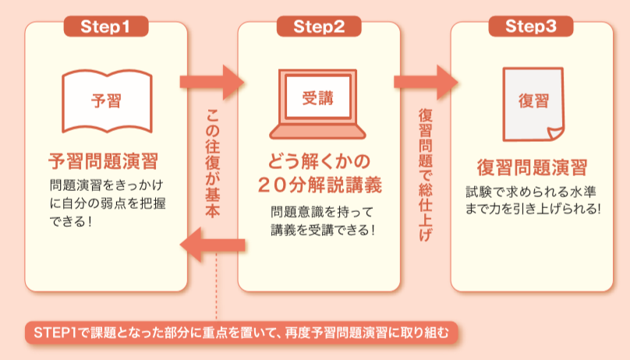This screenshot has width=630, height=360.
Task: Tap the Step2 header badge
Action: point(319,26)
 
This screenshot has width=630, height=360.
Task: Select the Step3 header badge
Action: point(531,26)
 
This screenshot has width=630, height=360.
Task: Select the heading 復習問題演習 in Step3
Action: point(532,167)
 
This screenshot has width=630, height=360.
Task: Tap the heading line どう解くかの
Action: point(317,161)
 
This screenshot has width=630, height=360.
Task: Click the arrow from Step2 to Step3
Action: point(426,81)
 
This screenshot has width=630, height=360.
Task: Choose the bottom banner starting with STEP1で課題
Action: point(239,333)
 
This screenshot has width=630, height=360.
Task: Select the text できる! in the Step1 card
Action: point(71,221)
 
